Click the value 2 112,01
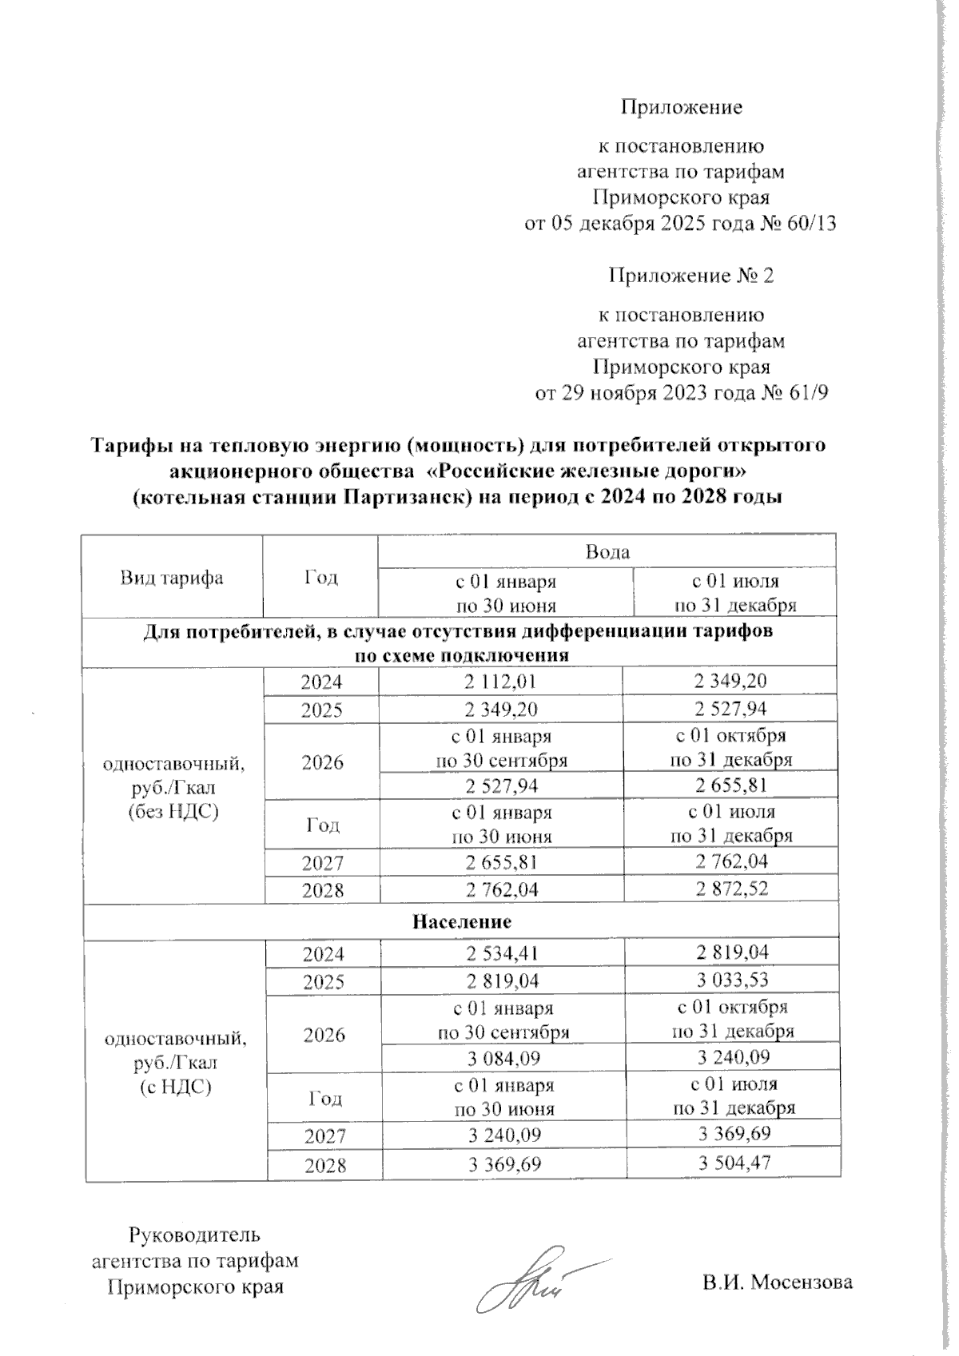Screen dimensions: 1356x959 click(x=501, y=682)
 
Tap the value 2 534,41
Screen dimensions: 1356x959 click(x=503, y=952)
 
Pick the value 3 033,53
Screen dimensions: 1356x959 click(x=733, y=980)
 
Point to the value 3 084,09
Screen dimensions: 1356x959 click(x=503, y=1059)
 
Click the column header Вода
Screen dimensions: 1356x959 click(x=607, y=552)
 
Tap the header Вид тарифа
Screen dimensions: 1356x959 click(x=172, y=578)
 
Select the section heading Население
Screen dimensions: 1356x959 click(x=462, y=921)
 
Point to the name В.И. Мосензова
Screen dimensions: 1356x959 click(x=778, y=1282)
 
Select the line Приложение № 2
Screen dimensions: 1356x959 click(x=691, y=276)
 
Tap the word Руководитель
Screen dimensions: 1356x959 click(x=194, y=1235)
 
